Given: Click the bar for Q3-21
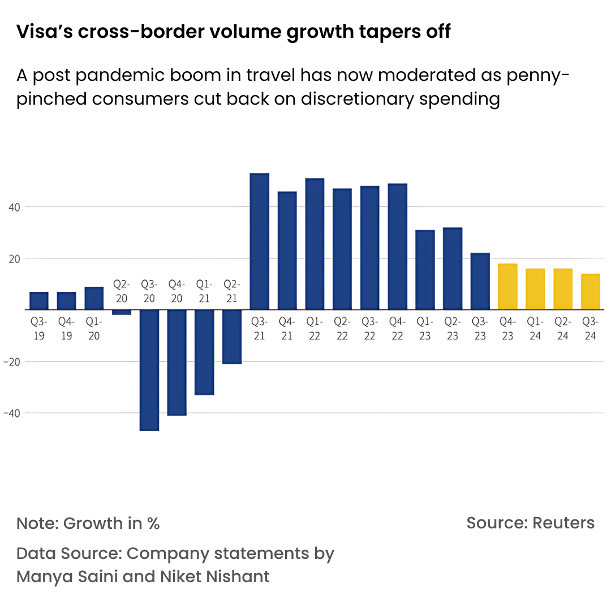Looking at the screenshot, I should point(260,242).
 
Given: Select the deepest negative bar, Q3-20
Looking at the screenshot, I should point(149,370).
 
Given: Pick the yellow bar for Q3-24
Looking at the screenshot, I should point(591,292).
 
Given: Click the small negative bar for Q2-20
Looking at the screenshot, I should point(122,312).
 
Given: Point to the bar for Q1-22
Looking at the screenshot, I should point(315,244).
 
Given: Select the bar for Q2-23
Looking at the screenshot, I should point(453,269).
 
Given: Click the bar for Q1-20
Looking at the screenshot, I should point(94,299).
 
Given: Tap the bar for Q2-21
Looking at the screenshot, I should point(232,337).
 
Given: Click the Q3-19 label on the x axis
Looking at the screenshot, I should point(38,329).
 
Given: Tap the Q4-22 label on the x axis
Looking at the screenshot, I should point(397,329).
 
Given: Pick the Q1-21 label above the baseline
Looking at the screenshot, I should point(204,291).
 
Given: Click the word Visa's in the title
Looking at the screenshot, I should point(44,32).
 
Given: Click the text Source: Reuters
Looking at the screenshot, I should point(530,523).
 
